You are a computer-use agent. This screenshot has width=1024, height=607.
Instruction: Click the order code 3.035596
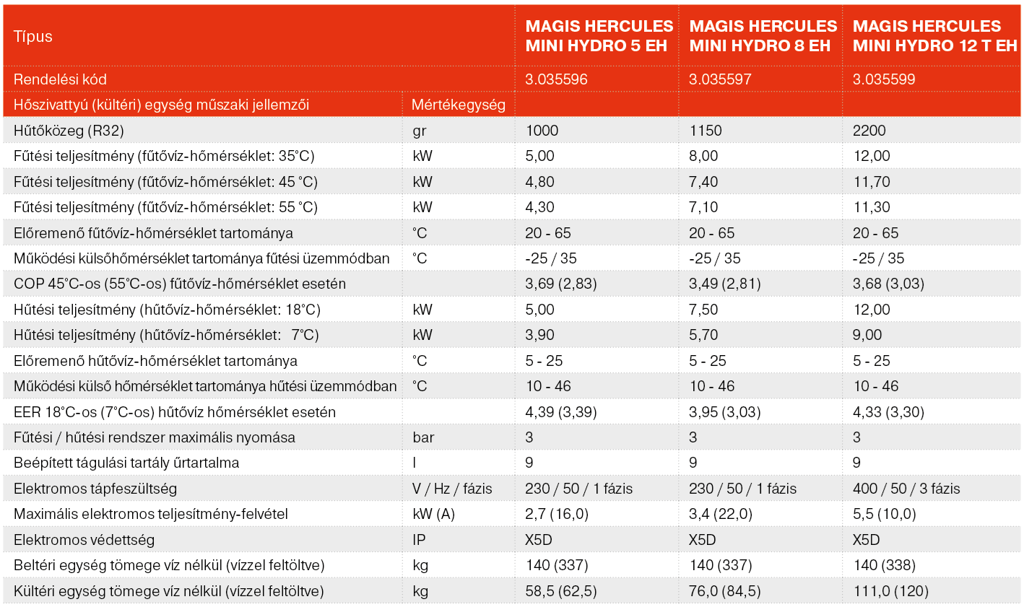(556, 79)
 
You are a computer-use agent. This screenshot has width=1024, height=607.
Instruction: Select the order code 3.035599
(884, 79)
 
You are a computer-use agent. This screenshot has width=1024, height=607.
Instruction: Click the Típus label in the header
(33, 37)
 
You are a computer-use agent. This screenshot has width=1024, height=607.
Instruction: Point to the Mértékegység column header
(458, 105)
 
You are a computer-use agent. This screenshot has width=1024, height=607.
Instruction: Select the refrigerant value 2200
(869, 131)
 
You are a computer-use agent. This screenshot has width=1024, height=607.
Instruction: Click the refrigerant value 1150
(705, 131)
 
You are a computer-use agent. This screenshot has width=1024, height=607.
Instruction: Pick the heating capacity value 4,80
(539, 182)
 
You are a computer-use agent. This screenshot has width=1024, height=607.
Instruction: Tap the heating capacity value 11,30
(872, 207)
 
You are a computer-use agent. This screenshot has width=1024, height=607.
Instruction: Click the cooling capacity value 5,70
(703, 335)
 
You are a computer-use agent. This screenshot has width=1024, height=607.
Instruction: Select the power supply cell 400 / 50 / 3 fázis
(906, 489)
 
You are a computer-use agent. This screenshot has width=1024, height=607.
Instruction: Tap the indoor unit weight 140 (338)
(884, 565)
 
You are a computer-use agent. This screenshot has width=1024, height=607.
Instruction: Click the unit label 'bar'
(423, 437)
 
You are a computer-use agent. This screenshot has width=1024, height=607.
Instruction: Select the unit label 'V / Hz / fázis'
(452, 489)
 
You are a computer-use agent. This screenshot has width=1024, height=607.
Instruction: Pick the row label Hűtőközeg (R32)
(69, 131)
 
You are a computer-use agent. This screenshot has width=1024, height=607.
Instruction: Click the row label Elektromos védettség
(84, 540)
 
